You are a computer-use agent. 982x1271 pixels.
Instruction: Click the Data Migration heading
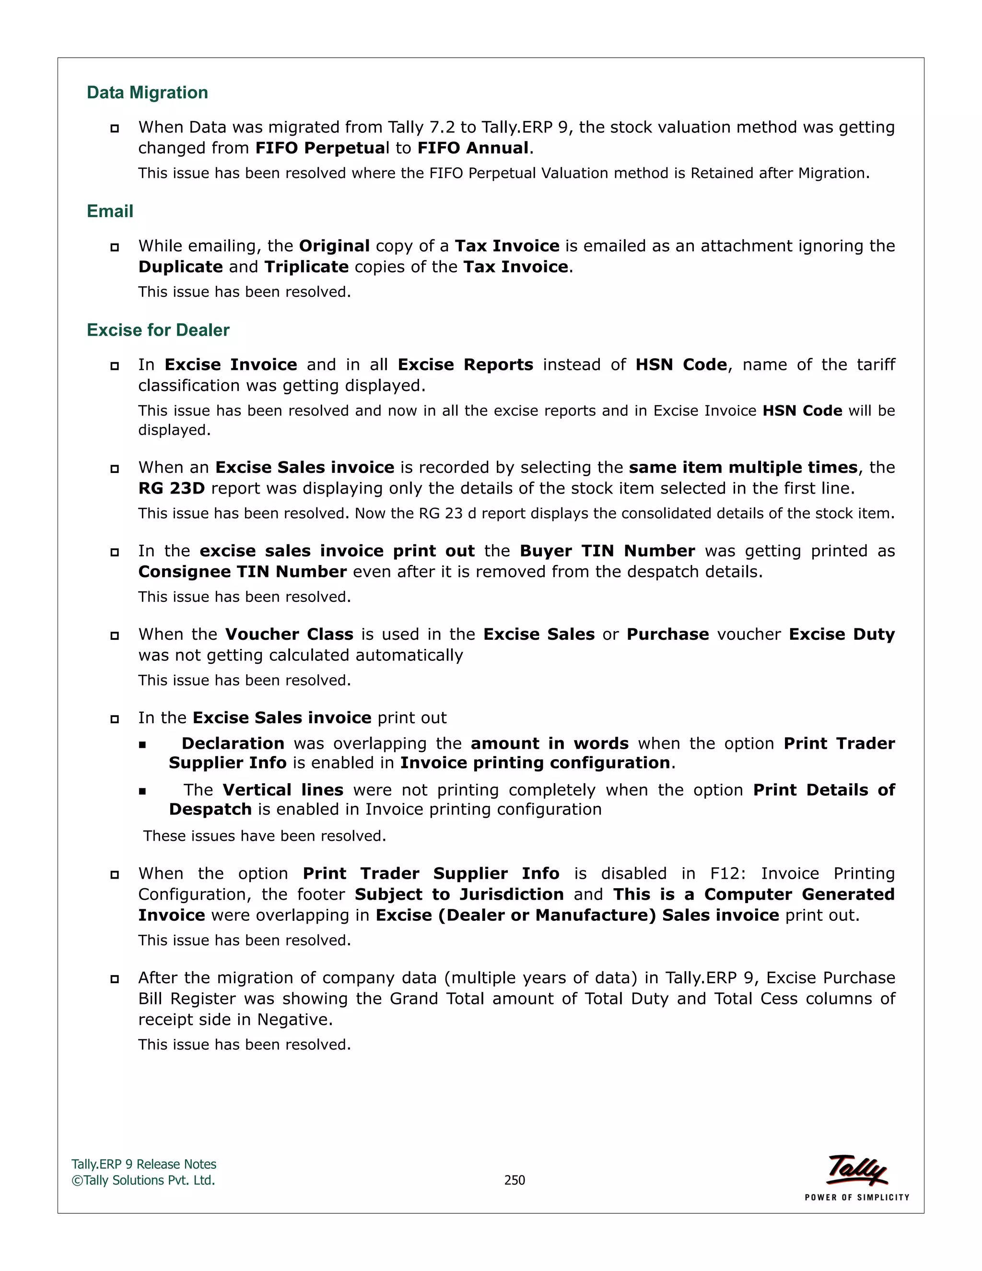tap(147, 93)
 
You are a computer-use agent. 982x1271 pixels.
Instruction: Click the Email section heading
tap(110, 211)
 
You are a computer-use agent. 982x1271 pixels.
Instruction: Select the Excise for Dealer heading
tap(158, 330)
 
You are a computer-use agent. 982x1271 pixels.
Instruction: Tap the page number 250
tap(514, 1180)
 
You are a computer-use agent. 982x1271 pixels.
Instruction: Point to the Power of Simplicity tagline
tap(856, 1197)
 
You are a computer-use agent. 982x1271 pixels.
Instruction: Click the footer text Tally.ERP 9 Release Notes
tap(144, 1164)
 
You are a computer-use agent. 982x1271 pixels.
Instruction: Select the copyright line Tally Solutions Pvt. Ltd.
tap(144, 1180)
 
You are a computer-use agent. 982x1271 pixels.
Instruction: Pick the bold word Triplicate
tap(306, 267)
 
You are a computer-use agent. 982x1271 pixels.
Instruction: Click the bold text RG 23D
tap(172, 488)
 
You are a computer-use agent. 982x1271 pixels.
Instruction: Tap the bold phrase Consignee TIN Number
tap(243, 572)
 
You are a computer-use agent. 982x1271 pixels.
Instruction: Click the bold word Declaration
tap(233, 743)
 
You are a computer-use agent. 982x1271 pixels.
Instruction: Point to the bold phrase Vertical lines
tap(283, 790)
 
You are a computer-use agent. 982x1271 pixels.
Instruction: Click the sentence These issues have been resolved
tap(265, 836)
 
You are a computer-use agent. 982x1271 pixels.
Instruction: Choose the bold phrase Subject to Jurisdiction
tap(459, 894)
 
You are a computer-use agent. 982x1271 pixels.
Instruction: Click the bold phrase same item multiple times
tap(743, 467)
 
